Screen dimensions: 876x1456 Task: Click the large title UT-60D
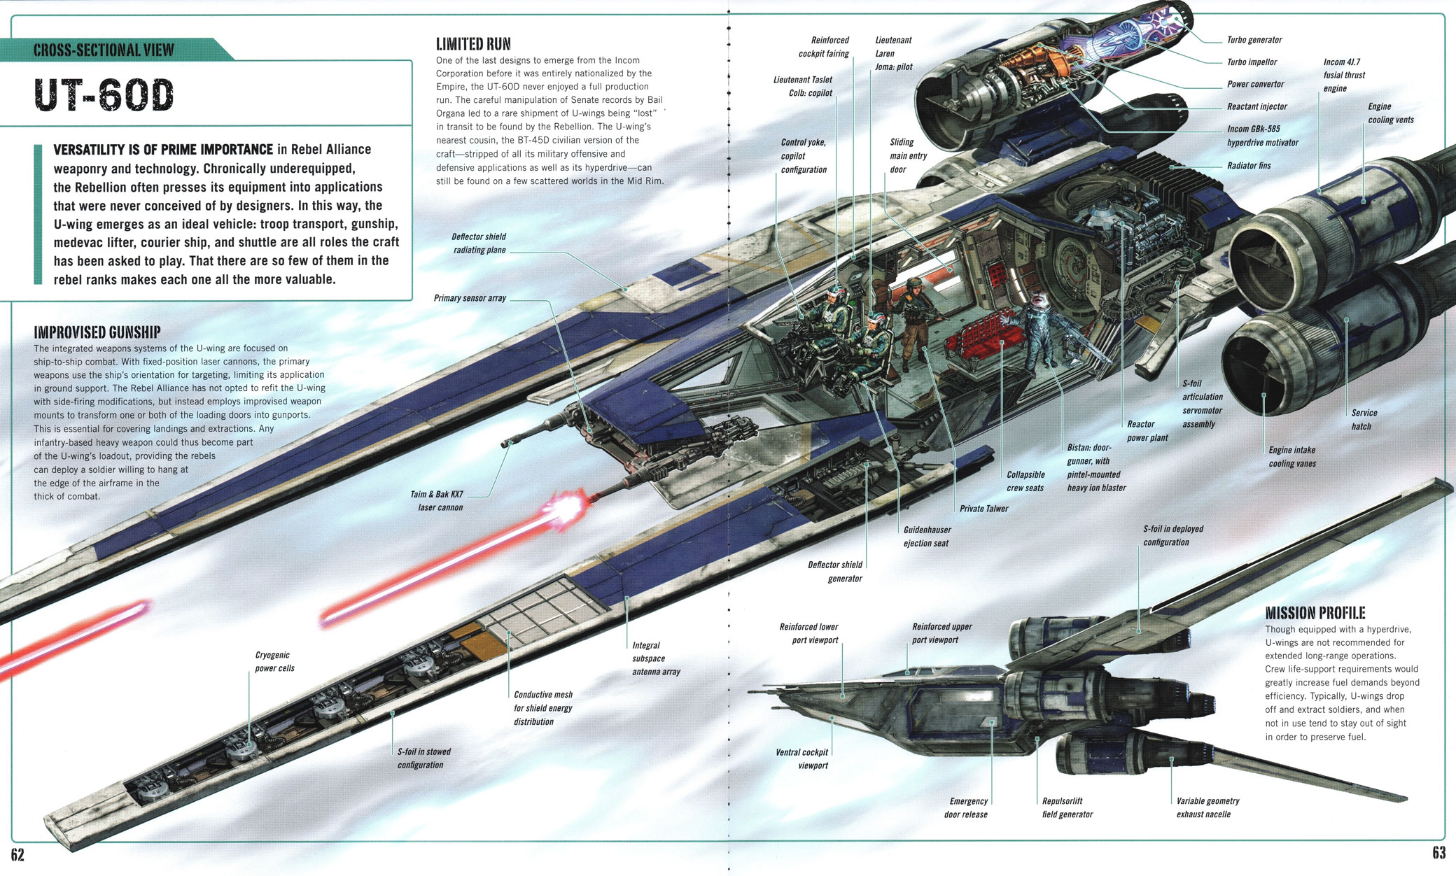[104, 95]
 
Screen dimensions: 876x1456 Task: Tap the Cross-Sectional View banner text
[104, 50]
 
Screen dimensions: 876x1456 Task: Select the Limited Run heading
[473, 44]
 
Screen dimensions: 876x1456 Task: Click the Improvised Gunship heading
[97, 332]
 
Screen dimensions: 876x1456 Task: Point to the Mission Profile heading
[1315, 614]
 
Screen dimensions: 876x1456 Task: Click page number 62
[17, 854]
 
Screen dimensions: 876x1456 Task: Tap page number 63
[1438, 852]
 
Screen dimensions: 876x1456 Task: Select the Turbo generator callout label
[1254, 40]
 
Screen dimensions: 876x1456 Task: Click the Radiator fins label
[1248, 166]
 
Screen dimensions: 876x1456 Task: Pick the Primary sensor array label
[469, 298]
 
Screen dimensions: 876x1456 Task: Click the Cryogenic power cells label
[274, 662]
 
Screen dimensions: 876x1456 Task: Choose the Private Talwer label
[983, 509]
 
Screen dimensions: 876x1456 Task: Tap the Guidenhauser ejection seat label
[927, 537]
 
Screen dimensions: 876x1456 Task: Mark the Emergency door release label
[966, 807]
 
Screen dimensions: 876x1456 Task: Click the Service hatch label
[1363, 420]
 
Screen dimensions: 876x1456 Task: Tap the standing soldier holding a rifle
[913, 318]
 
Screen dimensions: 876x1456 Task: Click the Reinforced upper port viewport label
[941, 633]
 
